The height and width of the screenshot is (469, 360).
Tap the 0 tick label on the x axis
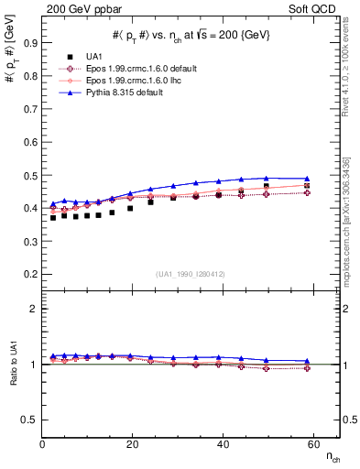click(x=43, y=444)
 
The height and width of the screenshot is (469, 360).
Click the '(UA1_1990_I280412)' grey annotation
click(x=191, y=275)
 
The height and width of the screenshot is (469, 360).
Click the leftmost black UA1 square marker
click(x=53, y=217)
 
